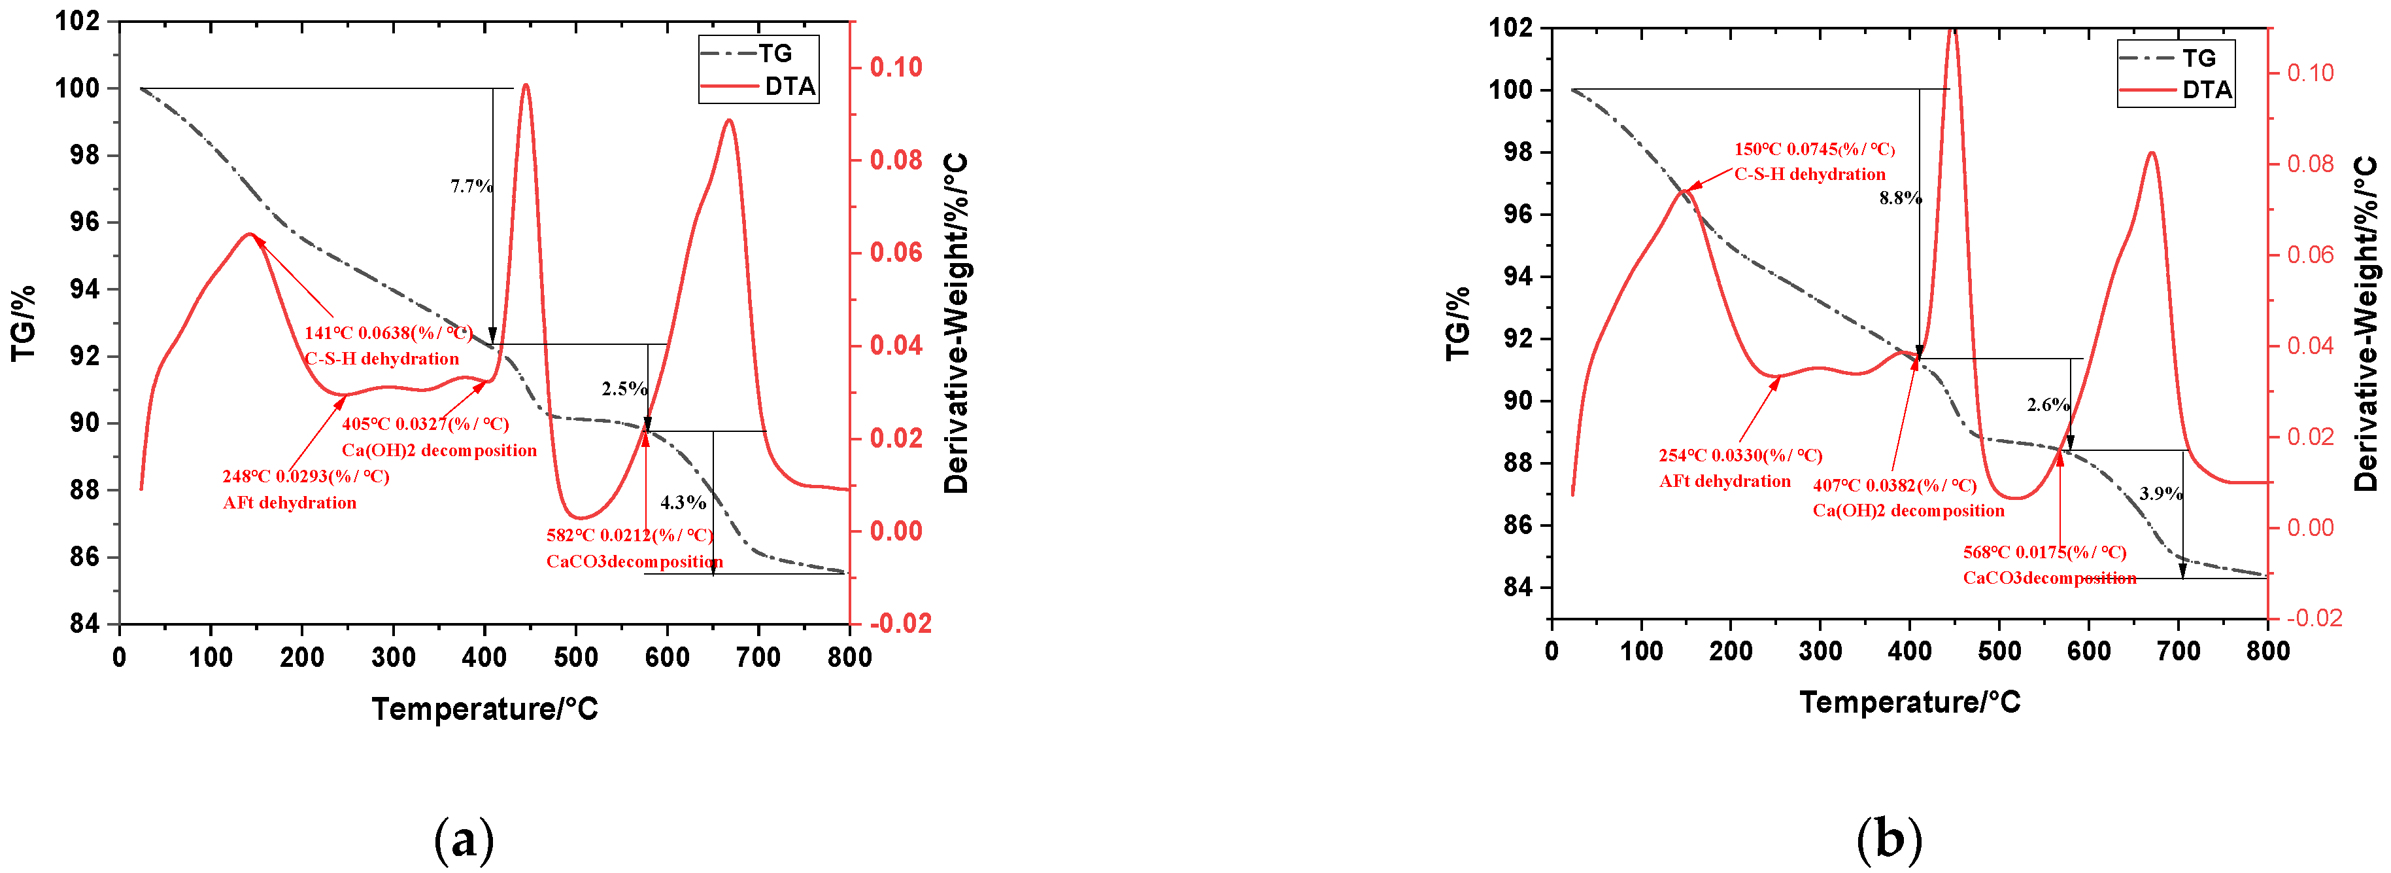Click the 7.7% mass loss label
click(x=471, y=186)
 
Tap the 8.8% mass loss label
click(x=1900, y=198)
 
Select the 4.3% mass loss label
click(x=683, y=503)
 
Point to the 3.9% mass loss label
click(x=2161, y=493)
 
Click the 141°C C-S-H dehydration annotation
click(x=387, y=346)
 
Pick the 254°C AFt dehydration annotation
click(x=1740, y=468)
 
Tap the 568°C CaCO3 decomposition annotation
click(x=2048, y=565)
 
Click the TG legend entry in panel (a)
click(x=758, y=53)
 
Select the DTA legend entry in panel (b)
click(x=2176, y=90)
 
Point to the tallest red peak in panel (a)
click(x=526, y=86)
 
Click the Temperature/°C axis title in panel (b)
click(x=1909, y=702)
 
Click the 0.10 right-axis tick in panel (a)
click(x=896, y=67)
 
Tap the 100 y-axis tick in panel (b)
click(x=1511, y=90)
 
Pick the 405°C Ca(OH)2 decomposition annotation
click(x=439, y=436)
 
